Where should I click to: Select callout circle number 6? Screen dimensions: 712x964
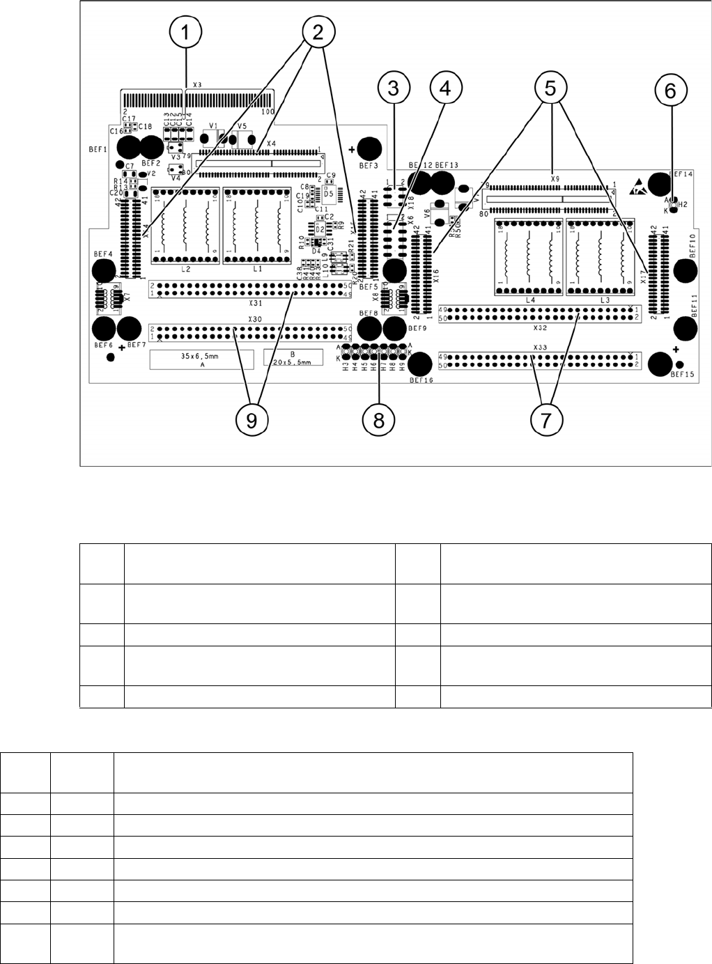point(670,91)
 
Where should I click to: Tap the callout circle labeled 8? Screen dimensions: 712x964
point(379,420)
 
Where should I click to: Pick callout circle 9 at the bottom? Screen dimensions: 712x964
point(251,420)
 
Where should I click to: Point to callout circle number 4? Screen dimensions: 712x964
point(446,88)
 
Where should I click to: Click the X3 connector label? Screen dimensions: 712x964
point(196,84)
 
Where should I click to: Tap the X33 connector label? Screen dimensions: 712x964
point(539,347)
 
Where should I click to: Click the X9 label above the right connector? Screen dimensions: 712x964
point(555,178)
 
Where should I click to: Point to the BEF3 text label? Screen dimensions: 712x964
point(369,167)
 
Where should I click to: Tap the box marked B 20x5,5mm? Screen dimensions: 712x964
point(293,358)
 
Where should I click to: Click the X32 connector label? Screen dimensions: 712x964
point(539,326)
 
